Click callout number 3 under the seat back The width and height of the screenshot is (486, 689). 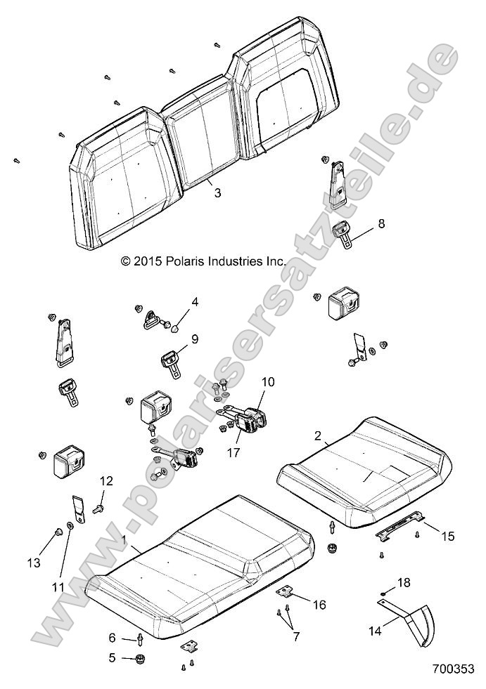point(217,192)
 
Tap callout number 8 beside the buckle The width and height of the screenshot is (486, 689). point(381,225)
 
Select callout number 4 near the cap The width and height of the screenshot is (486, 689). point(195,303)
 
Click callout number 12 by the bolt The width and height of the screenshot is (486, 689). point(106,481)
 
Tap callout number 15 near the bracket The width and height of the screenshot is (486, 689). point(448,536)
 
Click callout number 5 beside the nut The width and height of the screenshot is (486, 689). point(110,657)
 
